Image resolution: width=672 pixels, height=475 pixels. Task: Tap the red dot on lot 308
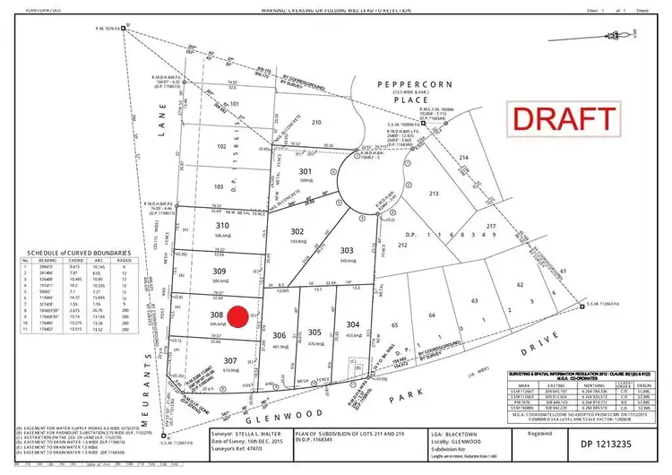pos(237,317)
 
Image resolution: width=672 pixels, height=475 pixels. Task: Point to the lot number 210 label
pos(314,122)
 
